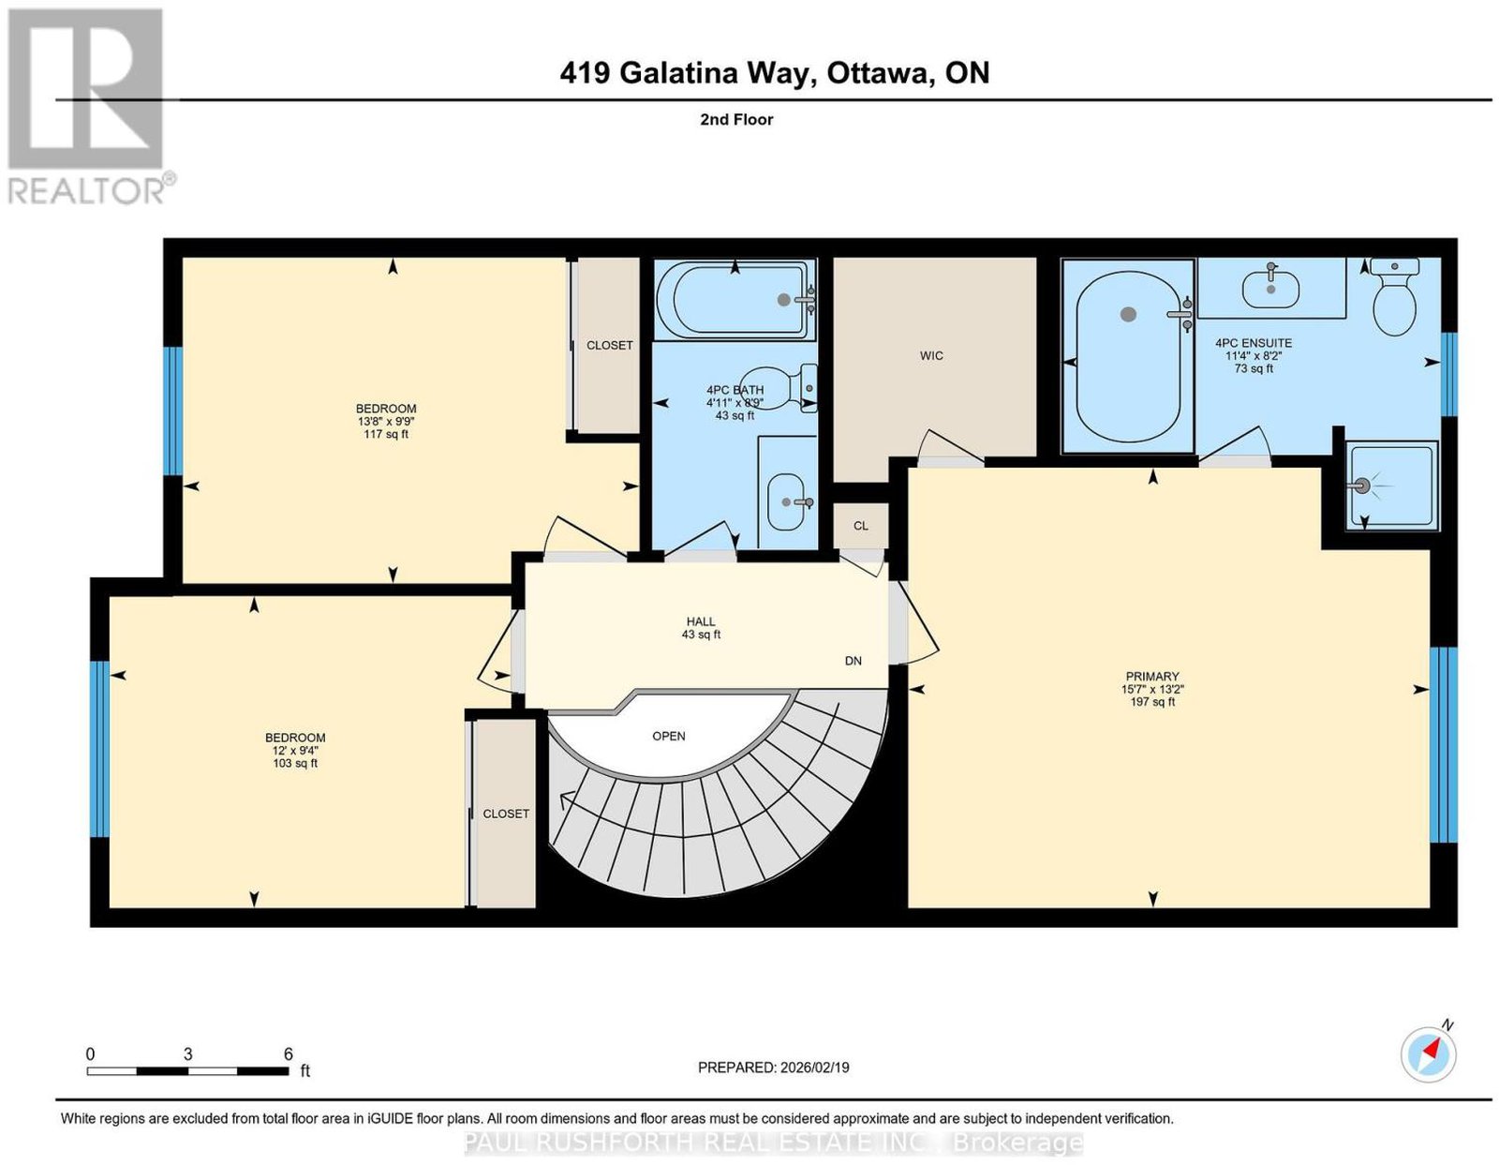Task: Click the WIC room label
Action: pos(930,356)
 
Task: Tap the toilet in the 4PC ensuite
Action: pos(1394,296)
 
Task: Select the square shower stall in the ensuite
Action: pos(1393,485)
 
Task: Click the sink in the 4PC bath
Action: pos(786,501)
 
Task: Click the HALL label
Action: pos(701,621)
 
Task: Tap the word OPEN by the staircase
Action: pos(668,736)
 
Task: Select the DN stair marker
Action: pos(853,661)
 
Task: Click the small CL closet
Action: pos(860,526)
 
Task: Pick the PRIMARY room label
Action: pos(1152,676)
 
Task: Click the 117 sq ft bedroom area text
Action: pos(386,434)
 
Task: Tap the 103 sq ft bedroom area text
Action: pos(295,763)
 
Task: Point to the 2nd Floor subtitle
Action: pos(736,119)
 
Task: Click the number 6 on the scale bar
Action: pos(289,1054)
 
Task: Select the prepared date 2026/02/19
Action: pos(815,1067)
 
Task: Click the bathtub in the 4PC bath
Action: pos(735,299)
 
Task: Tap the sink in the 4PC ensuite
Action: pos(1270,288)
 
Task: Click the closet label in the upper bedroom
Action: pos(609,345)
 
